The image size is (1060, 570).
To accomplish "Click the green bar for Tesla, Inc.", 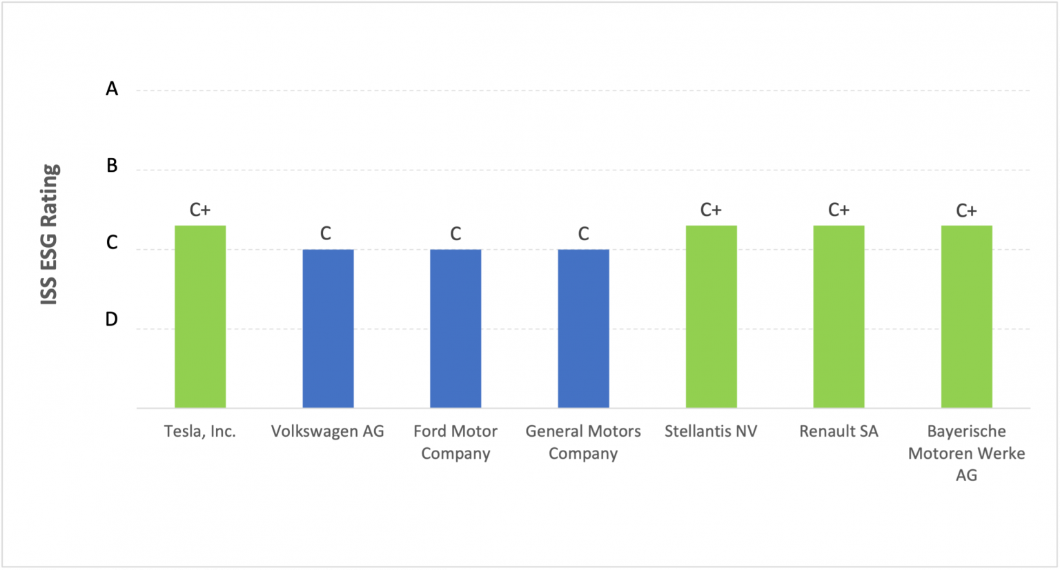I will tap(200, 316).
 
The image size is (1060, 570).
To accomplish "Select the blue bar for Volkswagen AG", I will tap(328, 328).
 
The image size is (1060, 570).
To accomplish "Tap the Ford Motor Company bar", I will tap(455, 328).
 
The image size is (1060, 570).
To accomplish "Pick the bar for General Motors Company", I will tap(583, 328).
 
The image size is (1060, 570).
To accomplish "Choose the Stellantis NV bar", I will tap(711, 316).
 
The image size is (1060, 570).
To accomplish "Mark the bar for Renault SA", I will tap(838, 316).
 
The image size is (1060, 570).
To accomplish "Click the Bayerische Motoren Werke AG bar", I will tap(966, 316).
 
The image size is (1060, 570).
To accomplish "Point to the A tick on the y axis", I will tap(112, 89).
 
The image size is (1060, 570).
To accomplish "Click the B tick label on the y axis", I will tap(112, 166).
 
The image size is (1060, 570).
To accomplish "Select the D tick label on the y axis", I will tap(112, 320).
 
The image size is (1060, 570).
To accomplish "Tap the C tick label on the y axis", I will tap(112, 243).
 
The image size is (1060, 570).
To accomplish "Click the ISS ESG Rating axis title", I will tap(50, 235).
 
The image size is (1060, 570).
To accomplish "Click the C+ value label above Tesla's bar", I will tap(200, 210).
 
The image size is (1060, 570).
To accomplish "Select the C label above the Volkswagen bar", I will tap(326, 234).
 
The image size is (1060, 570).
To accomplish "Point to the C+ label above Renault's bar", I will tap(838, 210).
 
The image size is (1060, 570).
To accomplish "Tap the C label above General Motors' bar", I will tap(583, 234).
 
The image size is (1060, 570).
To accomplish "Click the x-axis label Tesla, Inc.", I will tap(200, 431).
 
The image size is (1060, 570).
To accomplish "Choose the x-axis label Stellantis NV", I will tap(711, 431).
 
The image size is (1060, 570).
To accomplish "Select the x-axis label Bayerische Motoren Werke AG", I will tap(966, 453).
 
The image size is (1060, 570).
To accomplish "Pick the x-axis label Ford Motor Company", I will tap(455, 442).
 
